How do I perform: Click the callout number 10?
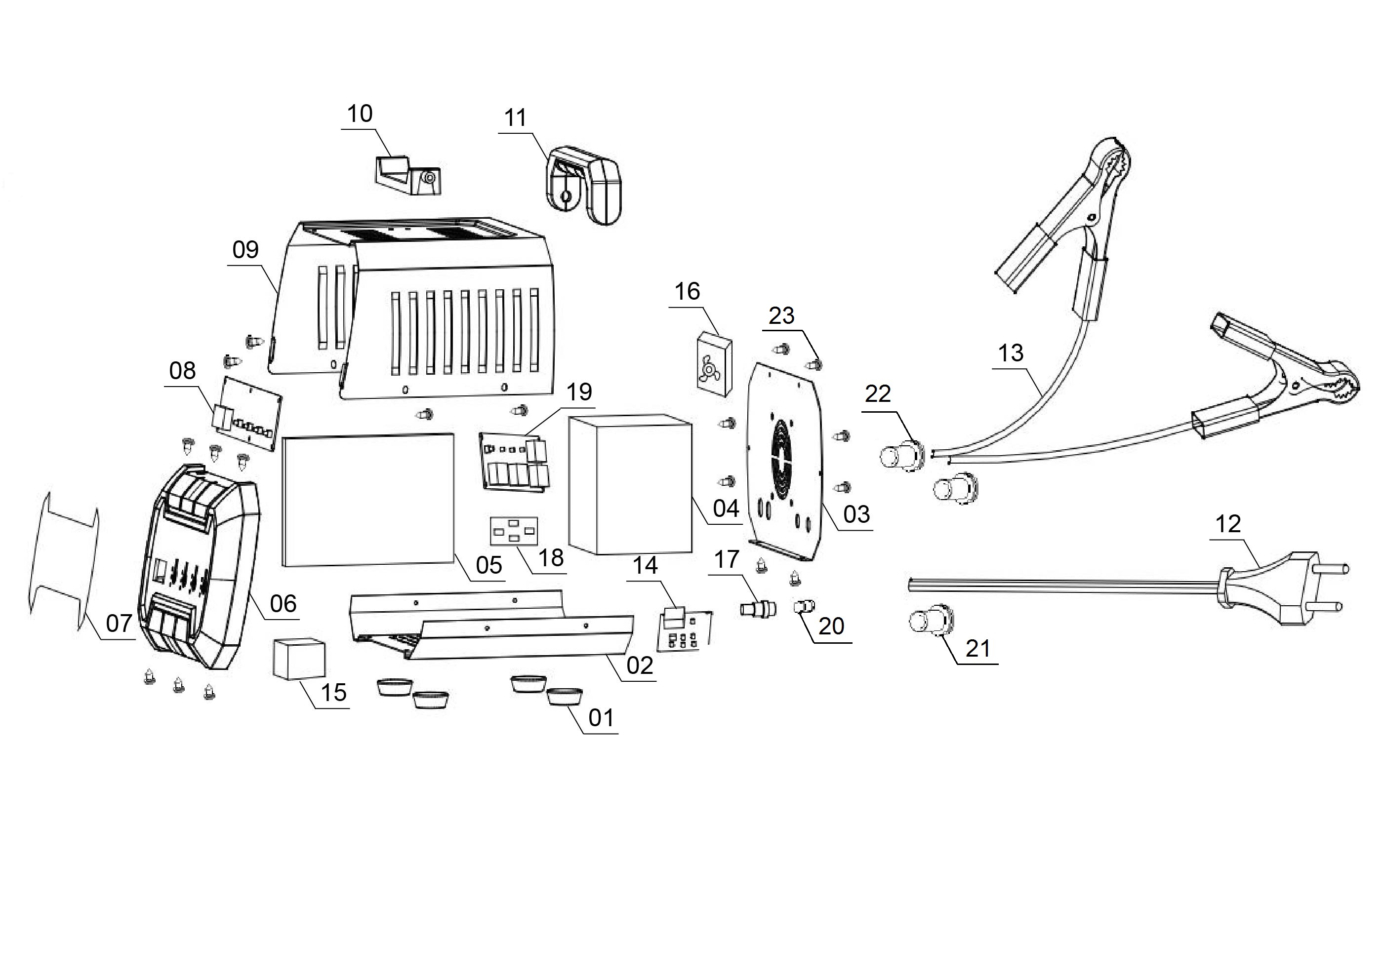coord(360,114)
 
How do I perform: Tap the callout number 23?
coord(781,315)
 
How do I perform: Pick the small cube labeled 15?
coord(299,659)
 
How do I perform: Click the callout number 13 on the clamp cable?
coord(1010,353)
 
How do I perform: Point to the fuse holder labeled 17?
coord(757,609)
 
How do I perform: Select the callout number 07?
coord(119,624)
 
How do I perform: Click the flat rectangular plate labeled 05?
coord(368,499)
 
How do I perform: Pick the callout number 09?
coord(245,249)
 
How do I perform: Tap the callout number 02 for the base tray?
coord(639,665)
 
